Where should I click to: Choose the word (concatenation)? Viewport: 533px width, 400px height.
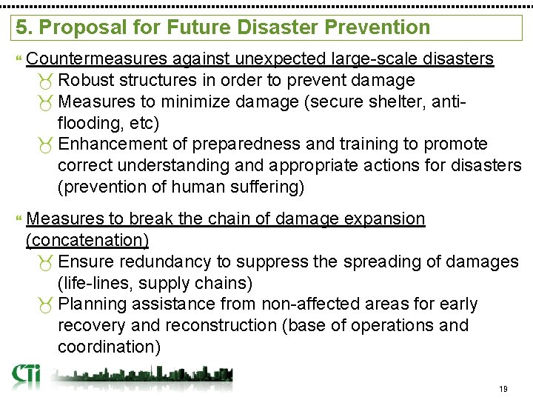[87, 240]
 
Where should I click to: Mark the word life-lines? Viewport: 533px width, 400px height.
[94, 283]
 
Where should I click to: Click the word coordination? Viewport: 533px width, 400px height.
[108, 347]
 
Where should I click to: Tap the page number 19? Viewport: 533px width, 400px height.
[503, 390]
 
